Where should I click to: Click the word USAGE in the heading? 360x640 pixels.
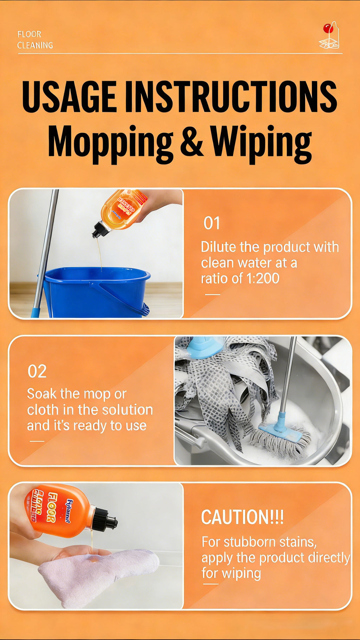[x=69, y=96]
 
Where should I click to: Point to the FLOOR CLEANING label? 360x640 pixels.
[x=35, y=40]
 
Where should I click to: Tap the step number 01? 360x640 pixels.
[x=212, y=223]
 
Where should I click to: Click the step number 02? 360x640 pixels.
[x=37, y=371]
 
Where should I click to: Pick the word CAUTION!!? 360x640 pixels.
[x=242, y=517]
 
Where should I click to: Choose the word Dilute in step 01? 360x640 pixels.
[x=218, y=247]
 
